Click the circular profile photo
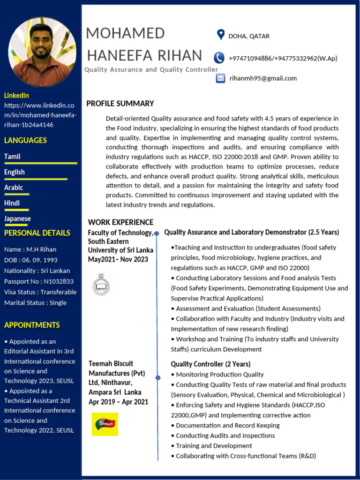(42, 52)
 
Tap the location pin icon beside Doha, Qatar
(220, 35)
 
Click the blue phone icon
(219, 58)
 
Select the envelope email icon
(220, 78)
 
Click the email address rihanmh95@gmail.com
(262, 78)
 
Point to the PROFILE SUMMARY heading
(120, 104)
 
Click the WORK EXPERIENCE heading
(120, 222)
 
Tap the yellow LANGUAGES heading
(25, 140)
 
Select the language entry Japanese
(17, 218)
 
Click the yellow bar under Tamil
(40, 163)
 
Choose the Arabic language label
(14, 187)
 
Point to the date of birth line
(31, 260)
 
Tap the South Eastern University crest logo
(101, 284)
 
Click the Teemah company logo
(105, 424)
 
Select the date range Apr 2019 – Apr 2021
(118, 402)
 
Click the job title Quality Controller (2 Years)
(210, 364)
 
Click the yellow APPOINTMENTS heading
(32, 325)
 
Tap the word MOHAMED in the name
(125, 34)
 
